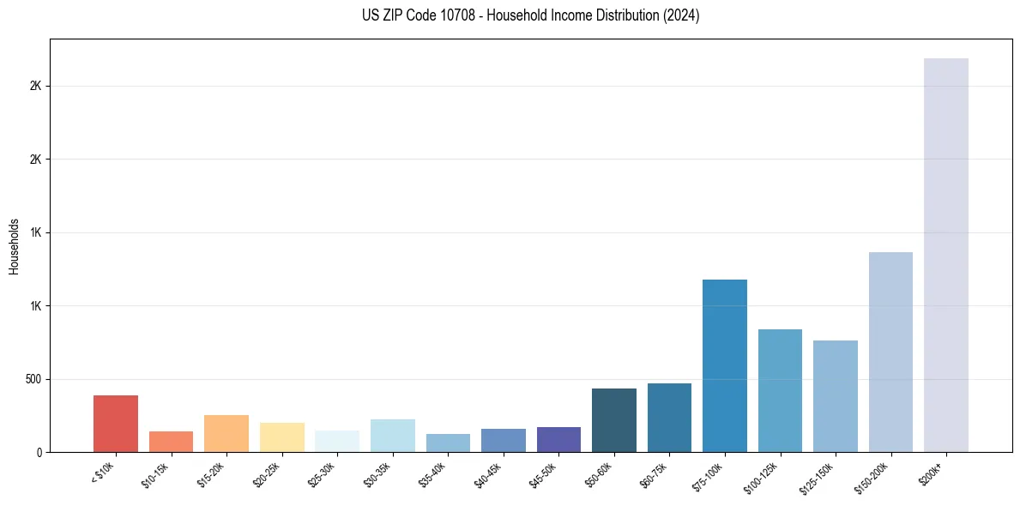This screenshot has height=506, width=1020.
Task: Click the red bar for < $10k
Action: click(x=116, y=424)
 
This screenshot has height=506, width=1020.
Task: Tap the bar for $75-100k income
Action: click(x=725, y=365)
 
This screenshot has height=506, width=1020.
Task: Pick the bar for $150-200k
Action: click(x=890, y=352)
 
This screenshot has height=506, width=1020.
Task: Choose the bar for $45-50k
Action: click(x=558, y=439)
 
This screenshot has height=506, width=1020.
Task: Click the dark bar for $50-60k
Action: click(x=614, y=420)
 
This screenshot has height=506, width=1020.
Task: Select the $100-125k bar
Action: click(x=780, y=390)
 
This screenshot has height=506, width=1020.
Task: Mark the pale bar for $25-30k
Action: click(x=337, y=441)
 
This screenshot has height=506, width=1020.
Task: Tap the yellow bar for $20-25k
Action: click(x=281, y=437)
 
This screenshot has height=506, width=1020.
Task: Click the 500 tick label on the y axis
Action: click(x=32, y=379)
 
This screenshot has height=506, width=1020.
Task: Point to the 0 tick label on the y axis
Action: click(x=39, y=452)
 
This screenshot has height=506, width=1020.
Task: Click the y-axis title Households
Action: click(x=14, y=246)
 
